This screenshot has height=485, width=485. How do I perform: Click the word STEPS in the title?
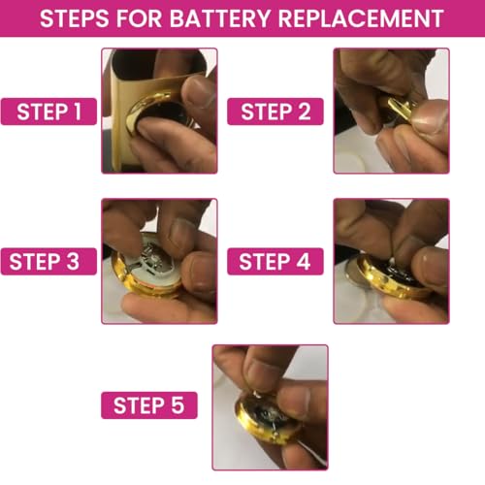pyautogui.click(x=75, y=18)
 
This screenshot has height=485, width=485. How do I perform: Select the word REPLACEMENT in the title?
pyautogui.click(x=360, y=18)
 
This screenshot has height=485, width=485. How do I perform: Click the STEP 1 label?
pyautogui.click(x=48, y=112)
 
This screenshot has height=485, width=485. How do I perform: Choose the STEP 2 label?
pyautogui.click(x=275, y=112)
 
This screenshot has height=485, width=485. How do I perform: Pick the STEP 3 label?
pyautogui.click(x=48, y=262)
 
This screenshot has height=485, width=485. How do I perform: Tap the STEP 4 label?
pyautogui.click(x=275, y=262)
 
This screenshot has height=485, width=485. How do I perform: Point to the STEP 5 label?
pyautogui.click(x=149, y=405)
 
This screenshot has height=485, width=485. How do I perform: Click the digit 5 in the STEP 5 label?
pyautogui.click(x=178, y=405)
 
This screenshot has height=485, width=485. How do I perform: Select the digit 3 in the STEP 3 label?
pyautogui.click(x=73, y=262)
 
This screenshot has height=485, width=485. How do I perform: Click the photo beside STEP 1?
pyautogui.click(x=159, y=111)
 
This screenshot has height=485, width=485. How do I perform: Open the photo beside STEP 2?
pyautogui.click(x=391, y=111)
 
